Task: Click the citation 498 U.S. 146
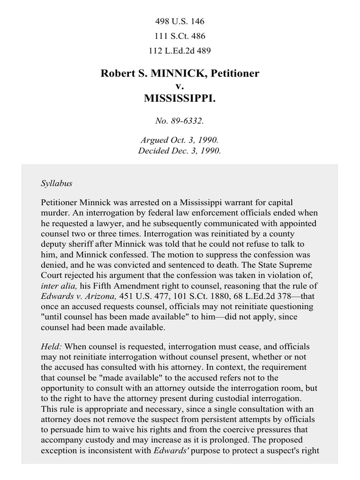click(x=180, y=22)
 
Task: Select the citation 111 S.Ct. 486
click(x=180, y=36)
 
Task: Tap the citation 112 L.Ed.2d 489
click(x=180, y=51)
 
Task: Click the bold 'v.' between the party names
click(x=180, y=86)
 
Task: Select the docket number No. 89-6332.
click(x=180, y=121)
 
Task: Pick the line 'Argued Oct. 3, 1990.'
click(x=180, y=140)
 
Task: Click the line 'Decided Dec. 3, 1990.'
click(x=180, y=151)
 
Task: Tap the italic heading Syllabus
click(x=56, y=183)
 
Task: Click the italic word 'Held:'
click(x=52, y=347)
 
